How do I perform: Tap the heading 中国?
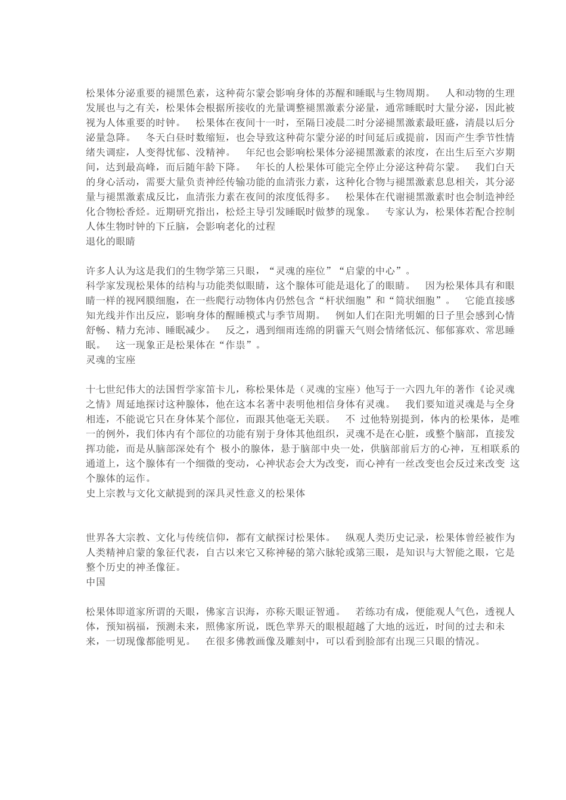point(96,582)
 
